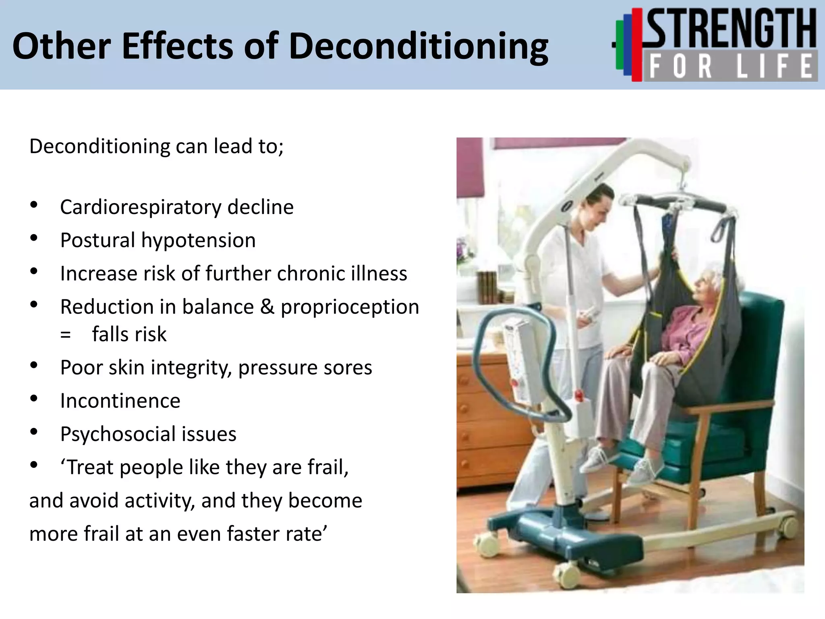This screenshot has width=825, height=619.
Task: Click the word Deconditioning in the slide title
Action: pos(419,47)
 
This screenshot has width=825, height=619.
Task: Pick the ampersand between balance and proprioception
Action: pos(267,307)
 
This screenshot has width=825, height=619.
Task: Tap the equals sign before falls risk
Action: pos(65,334)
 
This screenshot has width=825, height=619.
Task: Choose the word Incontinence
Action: pos(120,401)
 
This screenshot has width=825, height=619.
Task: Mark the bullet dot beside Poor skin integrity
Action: pos(34,365)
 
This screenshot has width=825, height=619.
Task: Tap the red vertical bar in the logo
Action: pos(637,44)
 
